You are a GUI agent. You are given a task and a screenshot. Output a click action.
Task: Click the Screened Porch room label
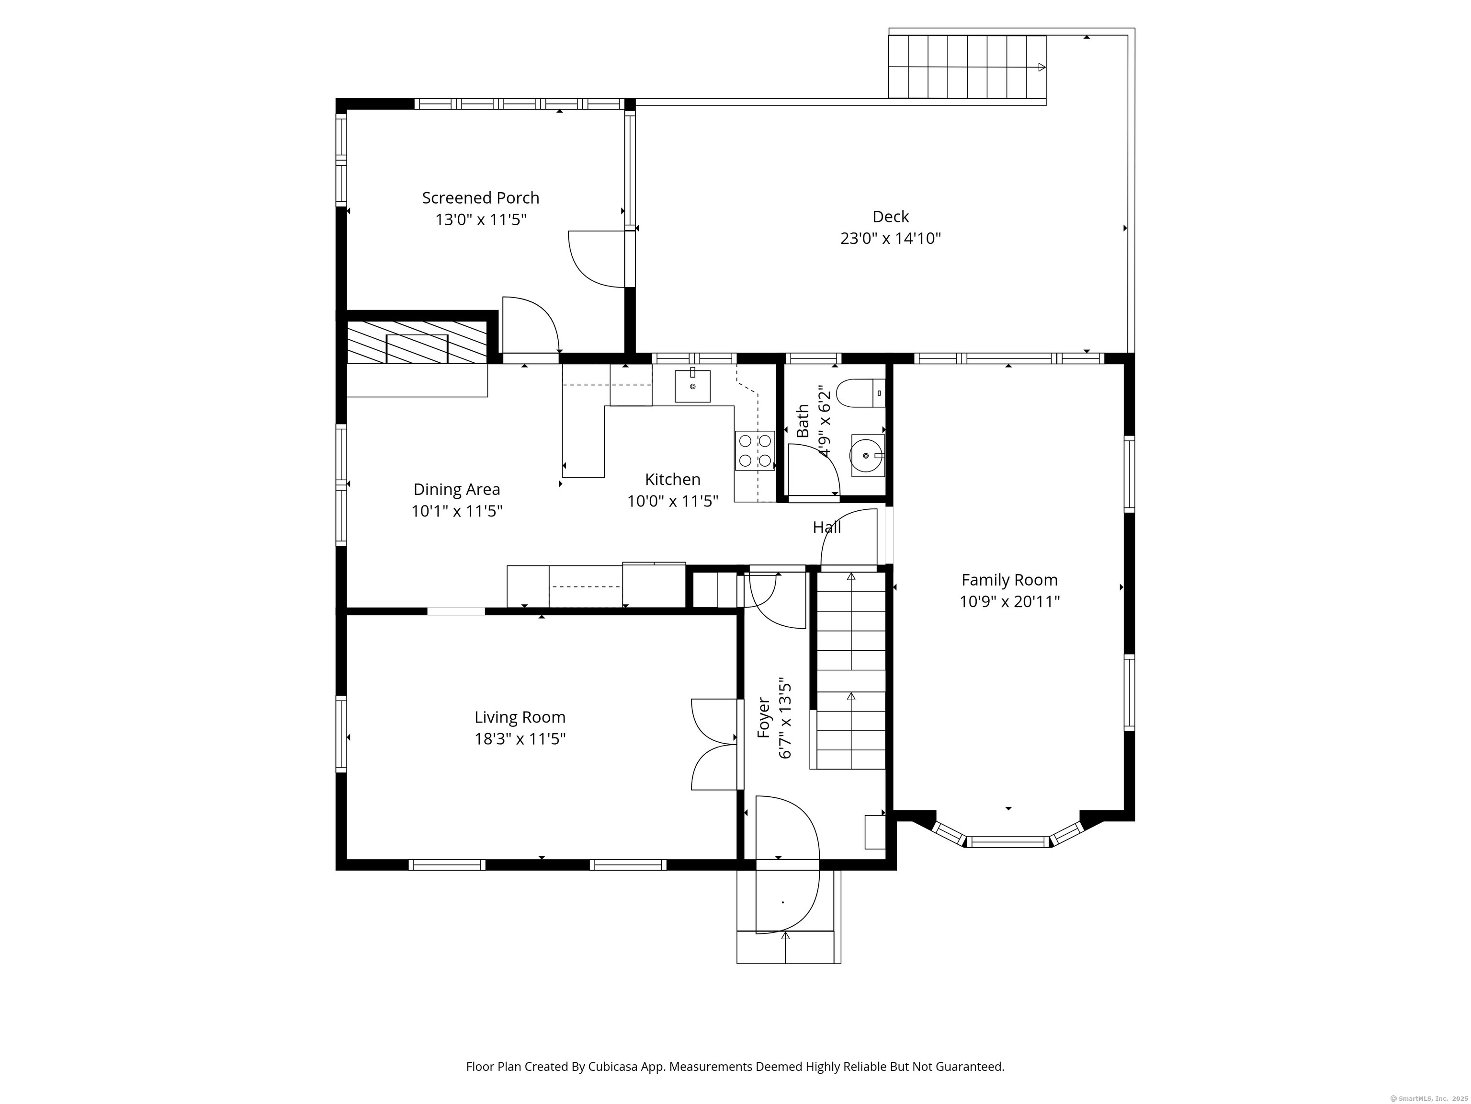[x=480, y=197]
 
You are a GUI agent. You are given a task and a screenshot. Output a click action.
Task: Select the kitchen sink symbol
[x=692, y=386]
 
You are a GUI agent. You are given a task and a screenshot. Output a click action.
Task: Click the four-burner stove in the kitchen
[x=755, y=450]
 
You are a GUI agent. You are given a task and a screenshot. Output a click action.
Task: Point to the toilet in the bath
[x=860, y=393]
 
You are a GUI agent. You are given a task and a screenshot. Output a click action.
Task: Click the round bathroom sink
[x=867, y=456]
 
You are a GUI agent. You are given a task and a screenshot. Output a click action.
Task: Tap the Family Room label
[x=1009, y=580]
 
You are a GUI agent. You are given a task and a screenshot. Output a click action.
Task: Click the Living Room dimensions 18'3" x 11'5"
[x=520, y=739]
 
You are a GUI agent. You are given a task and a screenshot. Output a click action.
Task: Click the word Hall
[x=826, y=528]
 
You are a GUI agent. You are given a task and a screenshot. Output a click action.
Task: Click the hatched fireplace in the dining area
[x=417, y=342]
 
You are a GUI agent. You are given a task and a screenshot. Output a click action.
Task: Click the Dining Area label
[x=456, y=489]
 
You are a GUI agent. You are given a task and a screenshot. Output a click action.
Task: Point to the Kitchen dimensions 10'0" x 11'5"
[x=672, y=501]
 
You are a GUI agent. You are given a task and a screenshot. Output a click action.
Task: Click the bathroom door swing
[x=813, y=471]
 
